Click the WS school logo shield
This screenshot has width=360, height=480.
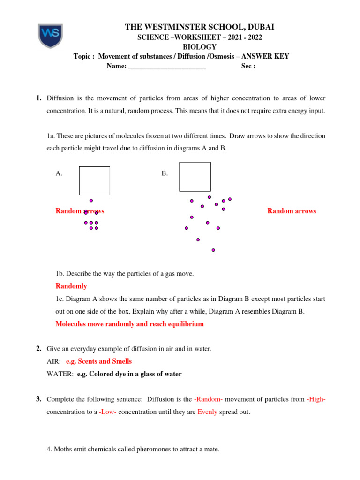[x=50, y=36]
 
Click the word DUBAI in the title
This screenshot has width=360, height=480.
[x=258, y=28]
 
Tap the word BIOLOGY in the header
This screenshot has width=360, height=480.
[x=199, y=47]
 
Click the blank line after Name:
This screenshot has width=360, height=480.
[x=167, y=67]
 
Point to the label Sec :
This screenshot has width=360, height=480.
[x=248, y=66]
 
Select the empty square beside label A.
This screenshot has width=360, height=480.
[x=94, y=180]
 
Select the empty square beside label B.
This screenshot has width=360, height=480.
[x=195, y=177]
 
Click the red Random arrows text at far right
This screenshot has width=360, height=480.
[x=292, y=211]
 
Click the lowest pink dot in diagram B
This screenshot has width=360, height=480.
[x=213, y=250]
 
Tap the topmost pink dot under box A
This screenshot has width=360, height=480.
[x=91, y=200]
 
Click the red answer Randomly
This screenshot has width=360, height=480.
[x=71, y=286]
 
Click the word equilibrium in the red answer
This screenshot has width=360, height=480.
[x=182, y=324]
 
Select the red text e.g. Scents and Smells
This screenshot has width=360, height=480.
[x=99, y=361]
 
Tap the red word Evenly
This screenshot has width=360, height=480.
[x=207, y=412]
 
